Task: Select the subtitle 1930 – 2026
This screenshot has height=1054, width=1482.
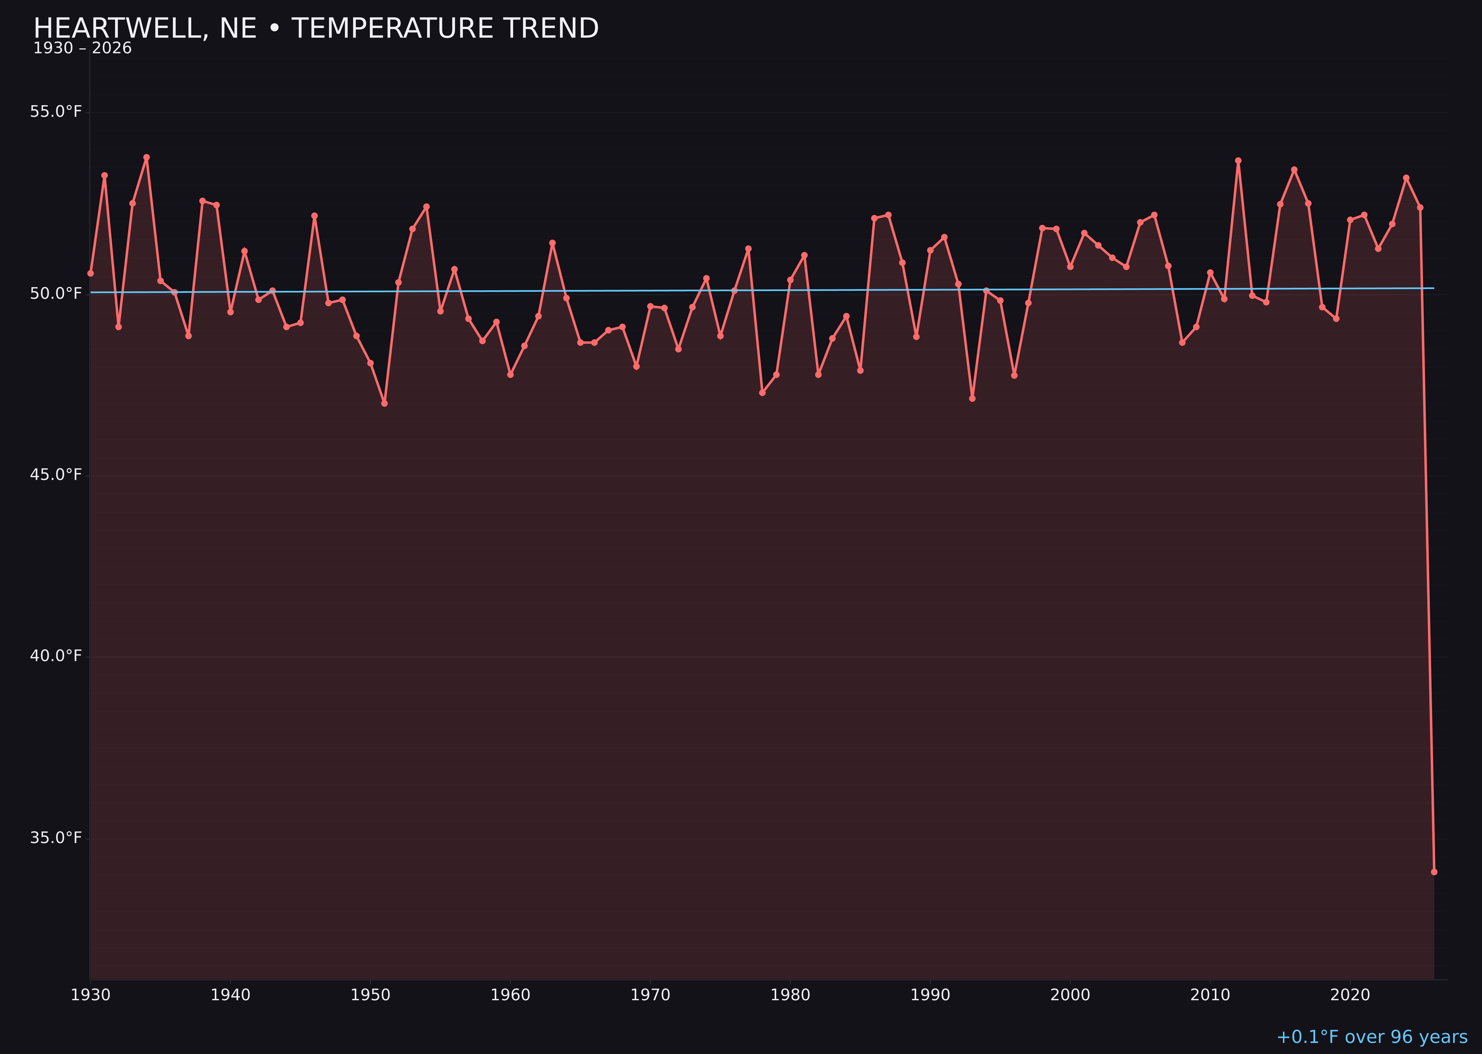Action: coord(82,49)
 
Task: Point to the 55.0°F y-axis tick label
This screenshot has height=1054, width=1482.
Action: coord(56,112)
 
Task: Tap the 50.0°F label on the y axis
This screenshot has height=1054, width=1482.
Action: coord(56,294)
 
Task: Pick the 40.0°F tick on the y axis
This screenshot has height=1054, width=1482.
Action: coord(56,656)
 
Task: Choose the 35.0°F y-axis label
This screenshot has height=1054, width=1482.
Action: coord(56,838)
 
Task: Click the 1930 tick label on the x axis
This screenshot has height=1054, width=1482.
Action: coord(90,995)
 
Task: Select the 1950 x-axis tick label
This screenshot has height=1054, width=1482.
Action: coord(370,995)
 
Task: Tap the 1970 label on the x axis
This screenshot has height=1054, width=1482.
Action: coord(650,995)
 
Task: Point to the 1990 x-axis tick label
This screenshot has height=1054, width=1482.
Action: coord(930,995)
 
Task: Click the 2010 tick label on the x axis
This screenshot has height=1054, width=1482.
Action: coord(1210,995)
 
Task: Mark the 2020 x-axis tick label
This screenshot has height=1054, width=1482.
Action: coord(1350,995)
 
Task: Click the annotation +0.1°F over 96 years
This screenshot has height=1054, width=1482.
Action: coord(1372,1037)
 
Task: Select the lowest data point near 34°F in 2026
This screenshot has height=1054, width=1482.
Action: coord(1434,872)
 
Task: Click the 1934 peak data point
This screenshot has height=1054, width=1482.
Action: coord(147,157)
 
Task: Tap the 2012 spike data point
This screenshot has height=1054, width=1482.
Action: coord(1238,160)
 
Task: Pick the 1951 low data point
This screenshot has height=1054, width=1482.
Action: coord(385,404)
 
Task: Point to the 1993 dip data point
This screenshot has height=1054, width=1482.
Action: coord(972,398)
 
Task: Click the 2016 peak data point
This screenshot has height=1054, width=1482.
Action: coord(1294,169)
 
